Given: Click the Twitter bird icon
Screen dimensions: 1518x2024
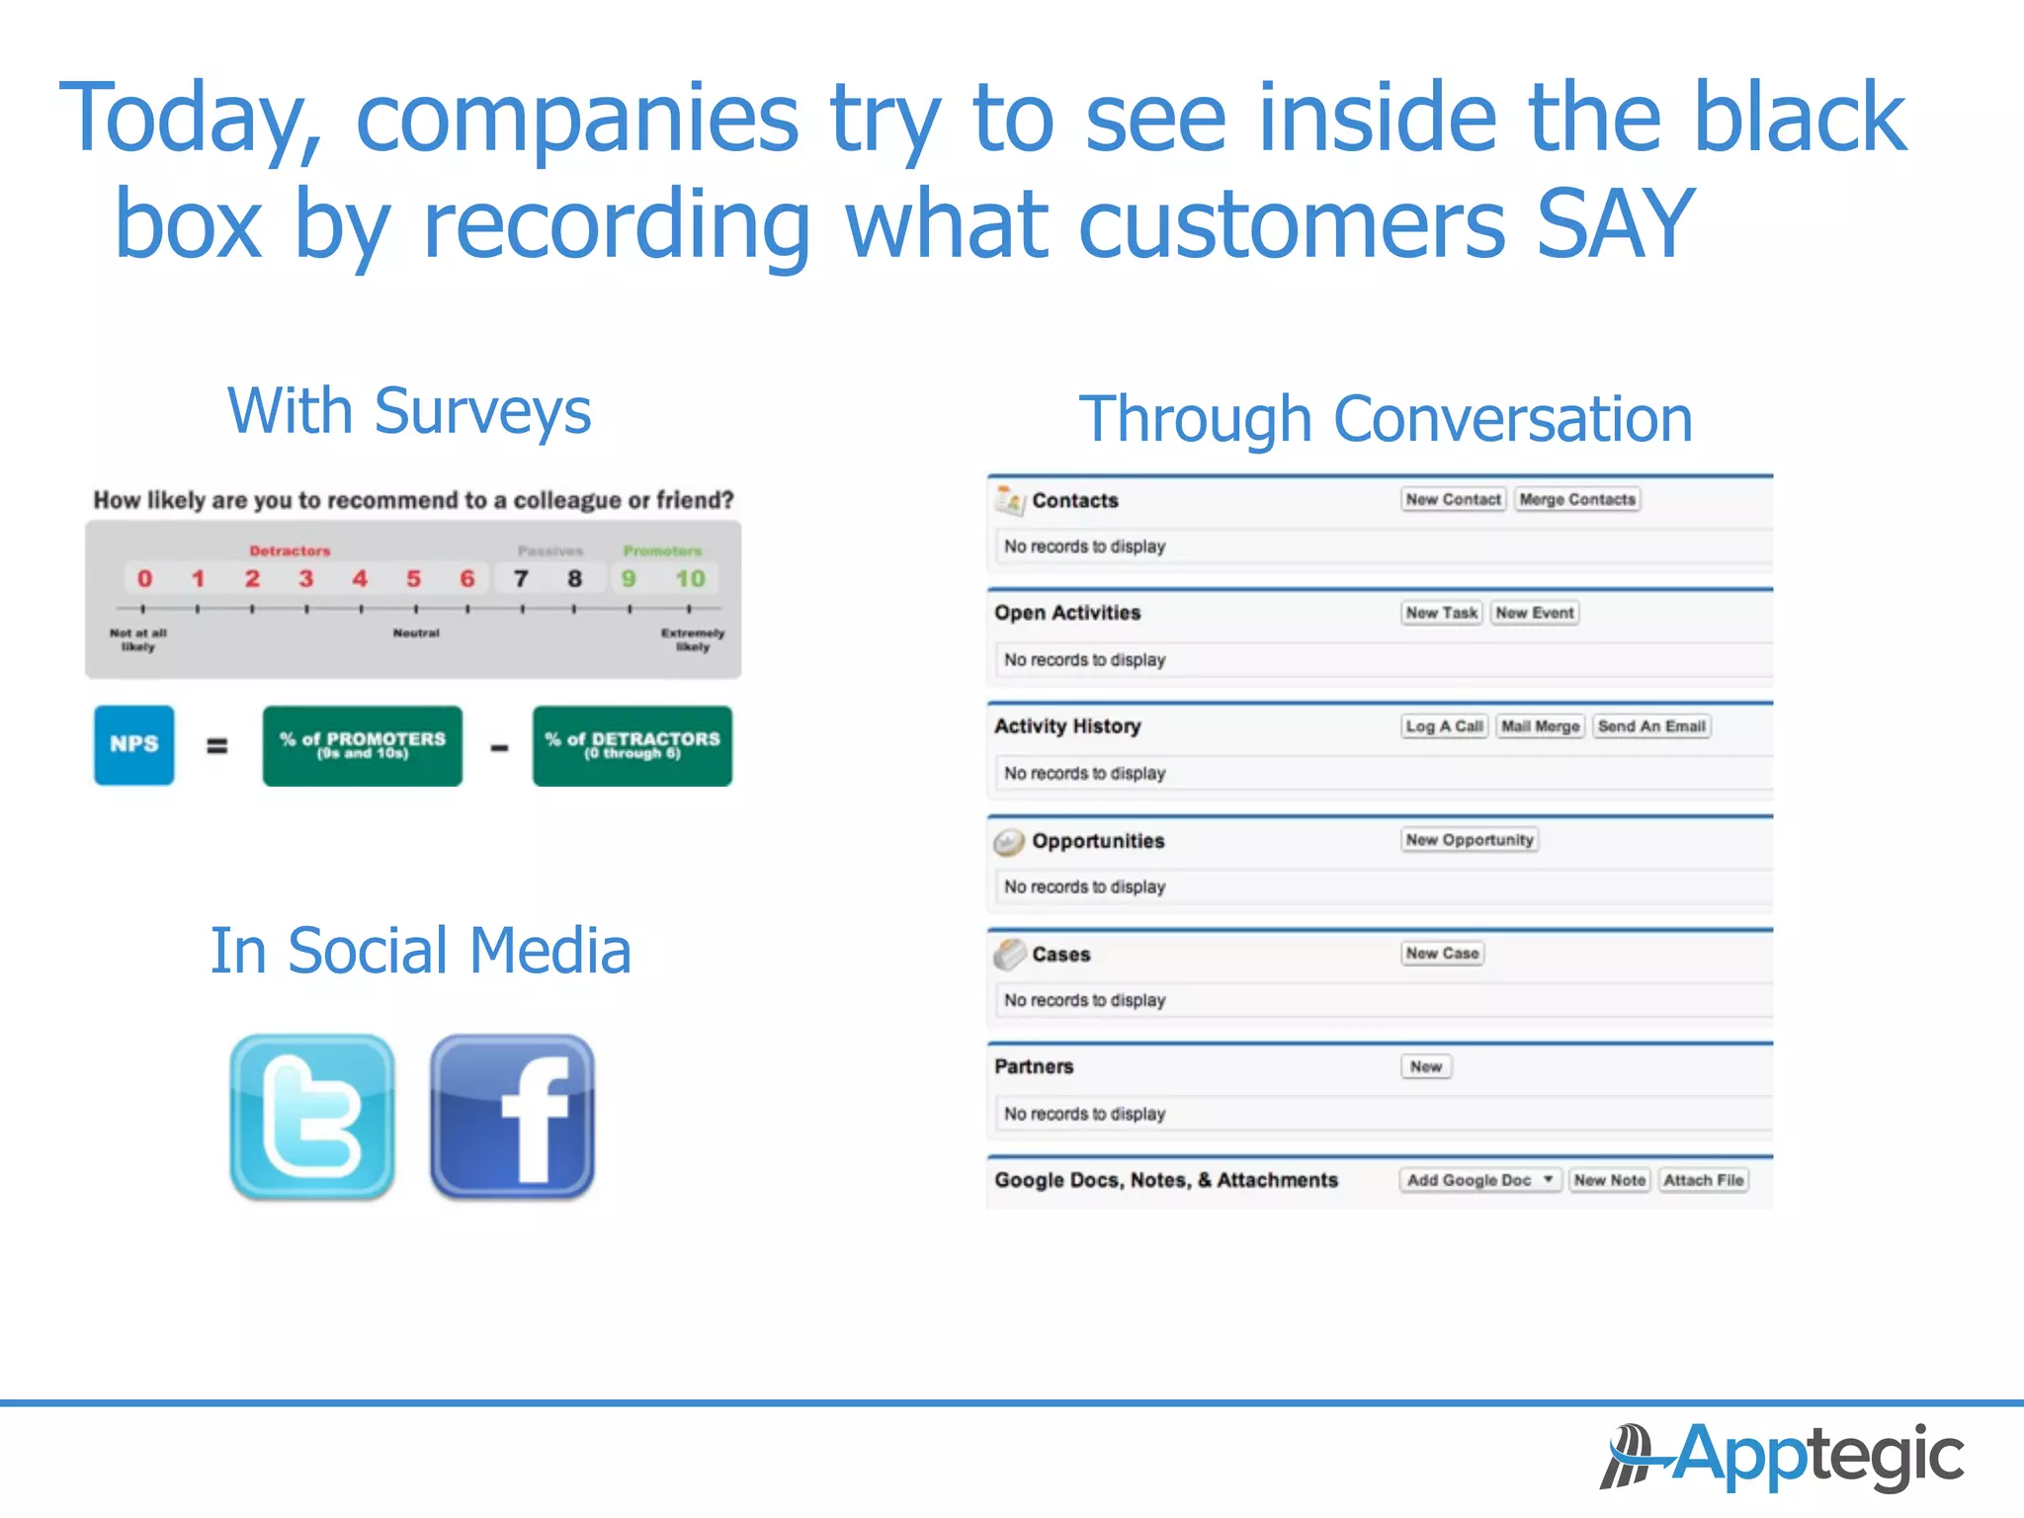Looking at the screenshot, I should click(312, 1117).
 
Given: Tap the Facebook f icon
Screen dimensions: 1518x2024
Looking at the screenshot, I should click(512, 1117).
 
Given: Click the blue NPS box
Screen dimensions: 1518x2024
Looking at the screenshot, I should click(134, 745).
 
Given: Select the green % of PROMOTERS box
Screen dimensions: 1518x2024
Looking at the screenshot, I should click(363, 745).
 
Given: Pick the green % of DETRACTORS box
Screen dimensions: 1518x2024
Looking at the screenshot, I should click(632, 745).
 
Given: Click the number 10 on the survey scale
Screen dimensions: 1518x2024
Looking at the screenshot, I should click(690, 579).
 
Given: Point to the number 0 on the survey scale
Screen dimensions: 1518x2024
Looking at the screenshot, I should click(144, 579).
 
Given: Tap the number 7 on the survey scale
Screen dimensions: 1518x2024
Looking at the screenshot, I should click(521, 579).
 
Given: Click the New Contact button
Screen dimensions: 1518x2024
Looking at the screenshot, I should click(1453, 500).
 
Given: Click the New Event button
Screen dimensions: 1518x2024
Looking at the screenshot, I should click(1534, 613).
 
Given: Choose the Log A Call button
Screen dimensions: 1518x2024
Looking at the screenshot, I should click(1444, 726).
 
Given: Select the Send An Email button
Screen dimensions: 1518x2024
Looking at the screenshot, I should click(1651, 726).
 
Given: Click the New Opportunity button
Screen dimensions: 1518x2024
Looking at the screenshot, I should click(1470, 840).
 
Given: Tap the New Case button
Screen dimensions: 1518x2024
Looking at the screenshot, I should click(1442, 954).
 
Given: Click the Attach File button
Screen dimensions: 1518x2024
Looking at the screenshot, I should click(1703, 1180).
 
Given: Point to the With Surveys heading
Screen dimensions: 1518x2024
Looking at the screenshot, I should click(409, 411).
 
